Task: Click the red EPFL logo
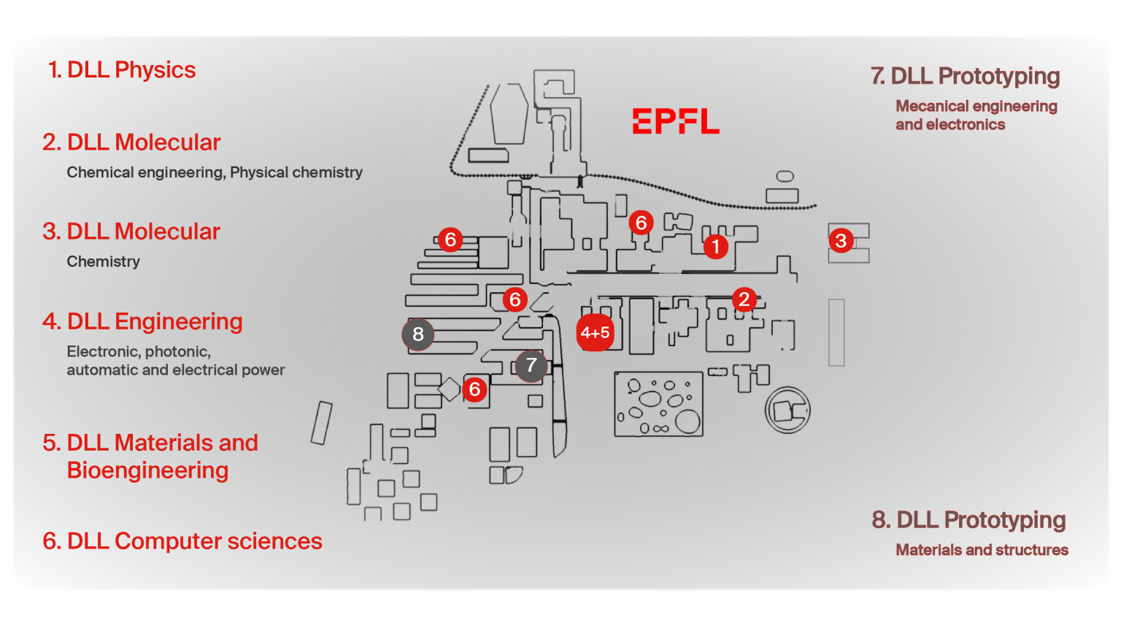pos(675,121)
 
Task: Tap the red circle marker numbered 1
pos(715,247)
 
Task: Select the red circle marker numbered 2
pos(744,299)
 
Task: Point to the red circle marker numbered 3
pos(841,240)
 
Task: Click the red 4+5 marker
pos(595,333)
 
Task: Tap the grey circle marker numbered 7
pos(531,365)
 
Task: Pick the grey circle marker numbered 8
pos(417,334)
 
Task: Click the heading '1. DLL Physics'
pos(122,70)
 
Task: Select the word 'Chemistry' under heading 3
pos(103,261)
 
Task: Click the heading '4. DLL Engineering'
pos(142,321)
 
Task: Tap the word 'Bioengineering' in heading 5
pos(147,470)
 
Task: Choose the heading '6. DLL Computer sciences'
pos(182,541)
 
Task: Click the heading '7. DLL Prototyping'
pos(965,76)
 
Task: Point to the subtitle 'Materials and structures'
pos(982,550)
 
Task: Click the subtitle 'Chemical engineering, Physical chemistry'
pos(215,172)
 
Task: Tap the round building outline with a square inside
pos(787,410)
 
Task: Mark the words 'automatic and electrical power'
pos(175,370)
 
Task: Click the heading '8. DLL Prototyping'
pos(968,520)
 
